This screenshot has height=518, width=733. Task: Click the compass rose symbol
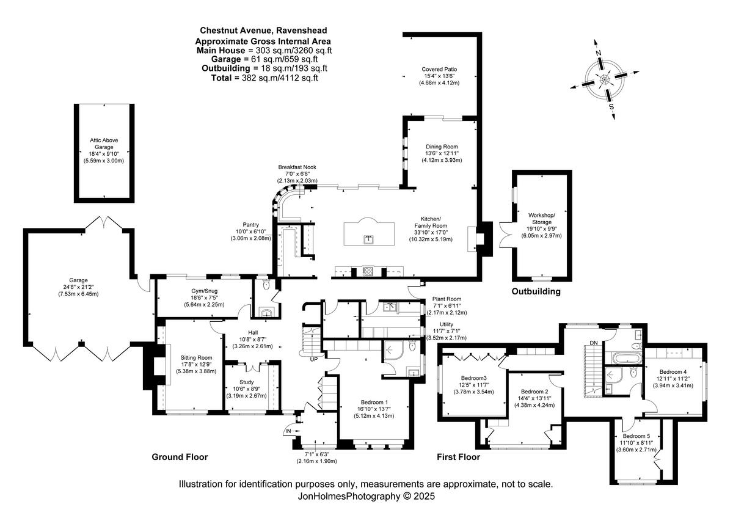pyautogui.click(x=604, y=79)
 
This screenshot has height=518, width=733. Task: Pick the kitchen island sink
pyautogui.click(x=368, y=238)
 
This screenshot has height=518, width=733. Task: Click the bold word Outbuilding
pyautogui.click(x=536, y=291)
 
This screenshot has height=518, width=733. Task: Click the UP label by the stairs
pyautogui.click(x=314, y=359)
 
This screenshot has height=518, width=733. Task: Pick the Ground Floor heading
pyautogui.click(x=180, y=457)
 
